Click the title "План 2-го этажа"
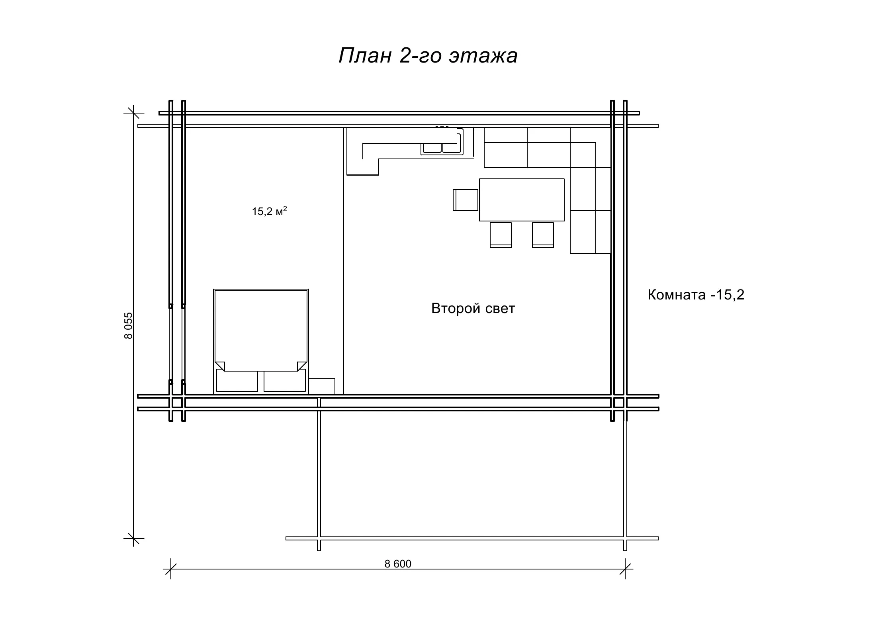(x=428, y=55)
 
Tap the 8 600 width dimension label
(x=398, y=564)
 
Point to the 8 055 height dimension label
(x=128, y=325)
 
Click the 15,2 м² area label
(x=269, y=211)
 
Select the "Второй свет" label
(x=473, y=308)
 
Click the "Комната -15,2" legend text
(x=696, y=295)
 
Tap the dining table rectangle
(x=522, y=200)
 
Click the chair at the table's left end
(x=466, y=200)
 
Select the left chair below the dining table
(x=501, y=235)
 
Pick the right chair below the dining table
(x=543, y=235)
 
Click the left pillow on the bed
(x=237, y=380)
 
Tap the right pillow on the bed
(x=285, y=380)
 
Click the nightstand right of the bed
(x=322, y=386)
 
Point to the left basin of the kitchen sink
(x=432, y=148)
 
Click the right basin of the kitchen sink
(x=452, y=148)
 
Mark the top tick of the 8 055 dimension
(x=133, y=113)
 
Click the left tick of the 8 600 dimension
(x=171, y=569)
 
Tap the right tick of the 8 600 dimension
(x=625, y=569)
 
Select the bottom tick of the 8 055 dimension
(x=133, y=538)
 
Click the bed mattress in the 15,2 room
(x=261, y=331)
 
